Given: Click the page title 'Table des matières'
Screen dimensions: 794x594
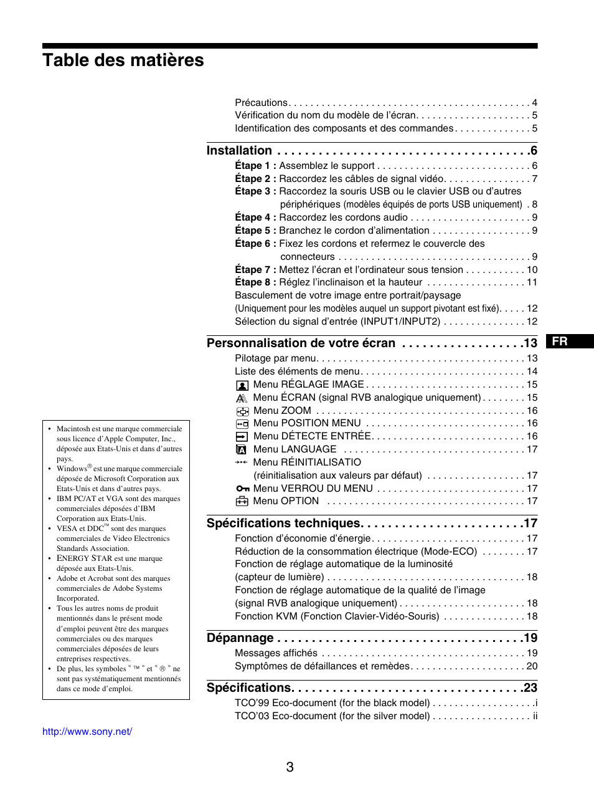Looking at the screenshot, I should pos(123,60).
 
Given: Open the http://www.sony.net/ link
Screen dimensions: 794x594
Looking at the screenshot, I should pos(87,732).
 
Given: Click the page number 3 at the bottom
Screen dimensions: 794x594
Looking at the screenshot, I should pos(290,767).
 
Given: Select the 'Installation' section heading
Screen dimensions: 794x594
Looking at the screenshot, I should pos(239,151).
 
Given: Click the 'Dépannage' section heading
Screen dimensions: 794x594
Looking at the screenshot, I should pos(240,638).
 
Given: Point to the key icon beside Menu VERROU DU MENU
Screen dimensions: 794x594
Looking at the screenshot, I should pos(242,489).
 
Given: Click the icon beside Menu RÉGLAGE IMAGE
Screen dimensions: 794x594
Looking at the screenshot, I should pos(242,385).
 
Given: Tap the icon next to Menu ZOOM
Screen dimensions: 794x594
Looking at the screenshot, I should pos(242,411).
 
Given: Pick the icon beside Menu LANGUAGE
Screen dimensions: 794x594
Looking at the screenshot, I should pos(242,450).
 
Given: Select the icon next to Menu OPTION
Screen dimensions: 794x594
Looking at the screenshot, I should pos(242,502).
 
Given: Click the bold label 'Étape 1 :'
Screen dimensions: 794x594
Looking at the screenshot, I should pos(255,166).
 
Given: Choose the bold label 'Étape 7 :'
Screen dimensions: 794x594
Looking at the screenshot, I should pos(255,270).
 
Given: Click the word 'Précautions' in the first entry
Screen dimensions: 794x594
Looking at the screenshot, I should pos(261,103).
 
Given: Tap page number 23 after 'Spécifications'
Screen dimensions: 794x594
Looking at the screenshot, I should pos(530,688).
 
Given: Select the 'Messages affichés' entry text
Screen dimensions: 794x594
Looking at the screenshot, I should pos(276,653).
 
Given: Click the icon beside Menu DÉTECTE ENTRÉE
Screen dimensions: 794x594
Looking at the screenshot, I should pos(242,437).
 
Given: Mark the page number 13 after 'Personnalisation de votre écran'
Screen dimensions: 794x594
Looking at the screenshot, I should pos(530,343).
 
